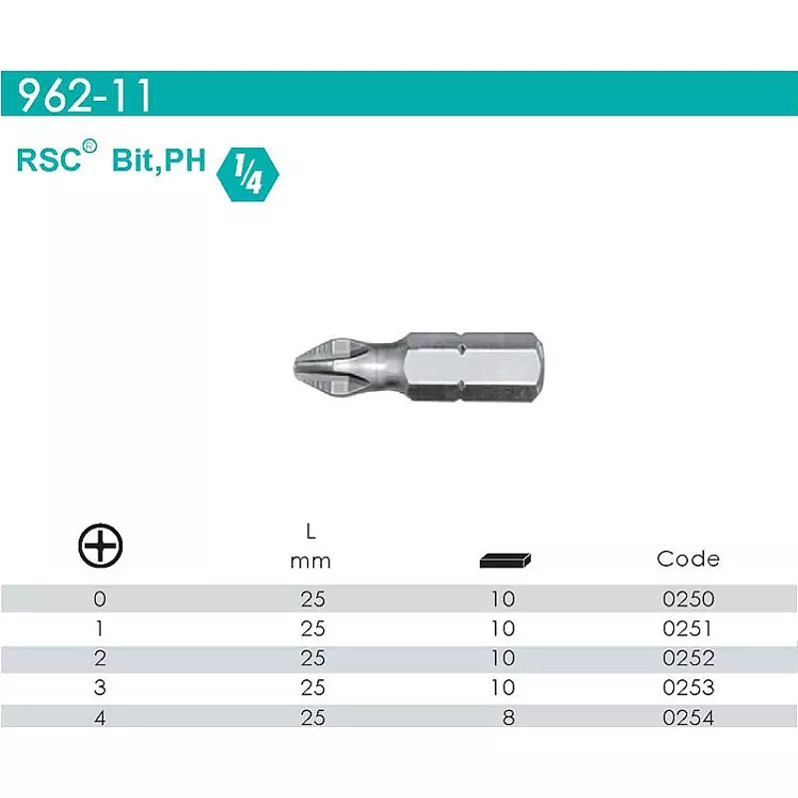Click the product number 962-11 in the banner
coord(85,95)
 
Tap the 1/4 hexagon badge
coord(247,175)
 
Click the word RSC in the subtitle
coord(49,160)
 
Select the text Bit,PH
coord(159,161)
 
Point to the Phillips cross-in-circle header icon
coord(101,545)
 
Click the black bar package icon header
coord(505,560)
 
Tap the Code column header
coord(688,559)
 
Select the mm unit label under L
coord(310,562)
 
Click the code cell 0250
coord(688,599)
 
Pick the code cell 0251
coord(687,628)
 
